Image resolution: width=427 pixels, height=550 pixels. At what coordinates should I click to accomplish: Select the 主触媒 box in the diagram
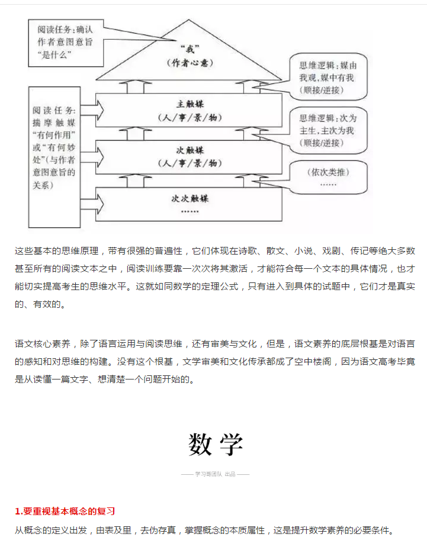[x=190, y=109]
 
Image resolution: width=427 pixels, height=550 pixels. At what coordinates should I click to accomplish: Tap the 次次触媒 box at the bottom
[x=190, y=204]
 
